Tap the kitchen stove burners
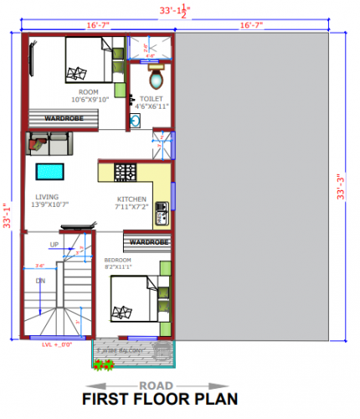(x=126, y=173)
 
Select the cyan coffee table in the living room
(x=49, y=173)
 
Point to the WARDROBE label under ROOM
(x=63, y=119)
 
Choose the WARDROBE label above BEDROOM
(x=150, y=242)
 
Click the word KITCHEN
(x=131, y=199)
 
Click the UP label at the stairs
(x=54, y=245)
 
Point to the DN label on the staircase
(x=39, y=282)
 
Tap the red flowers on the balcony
(x=105, y=365)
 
